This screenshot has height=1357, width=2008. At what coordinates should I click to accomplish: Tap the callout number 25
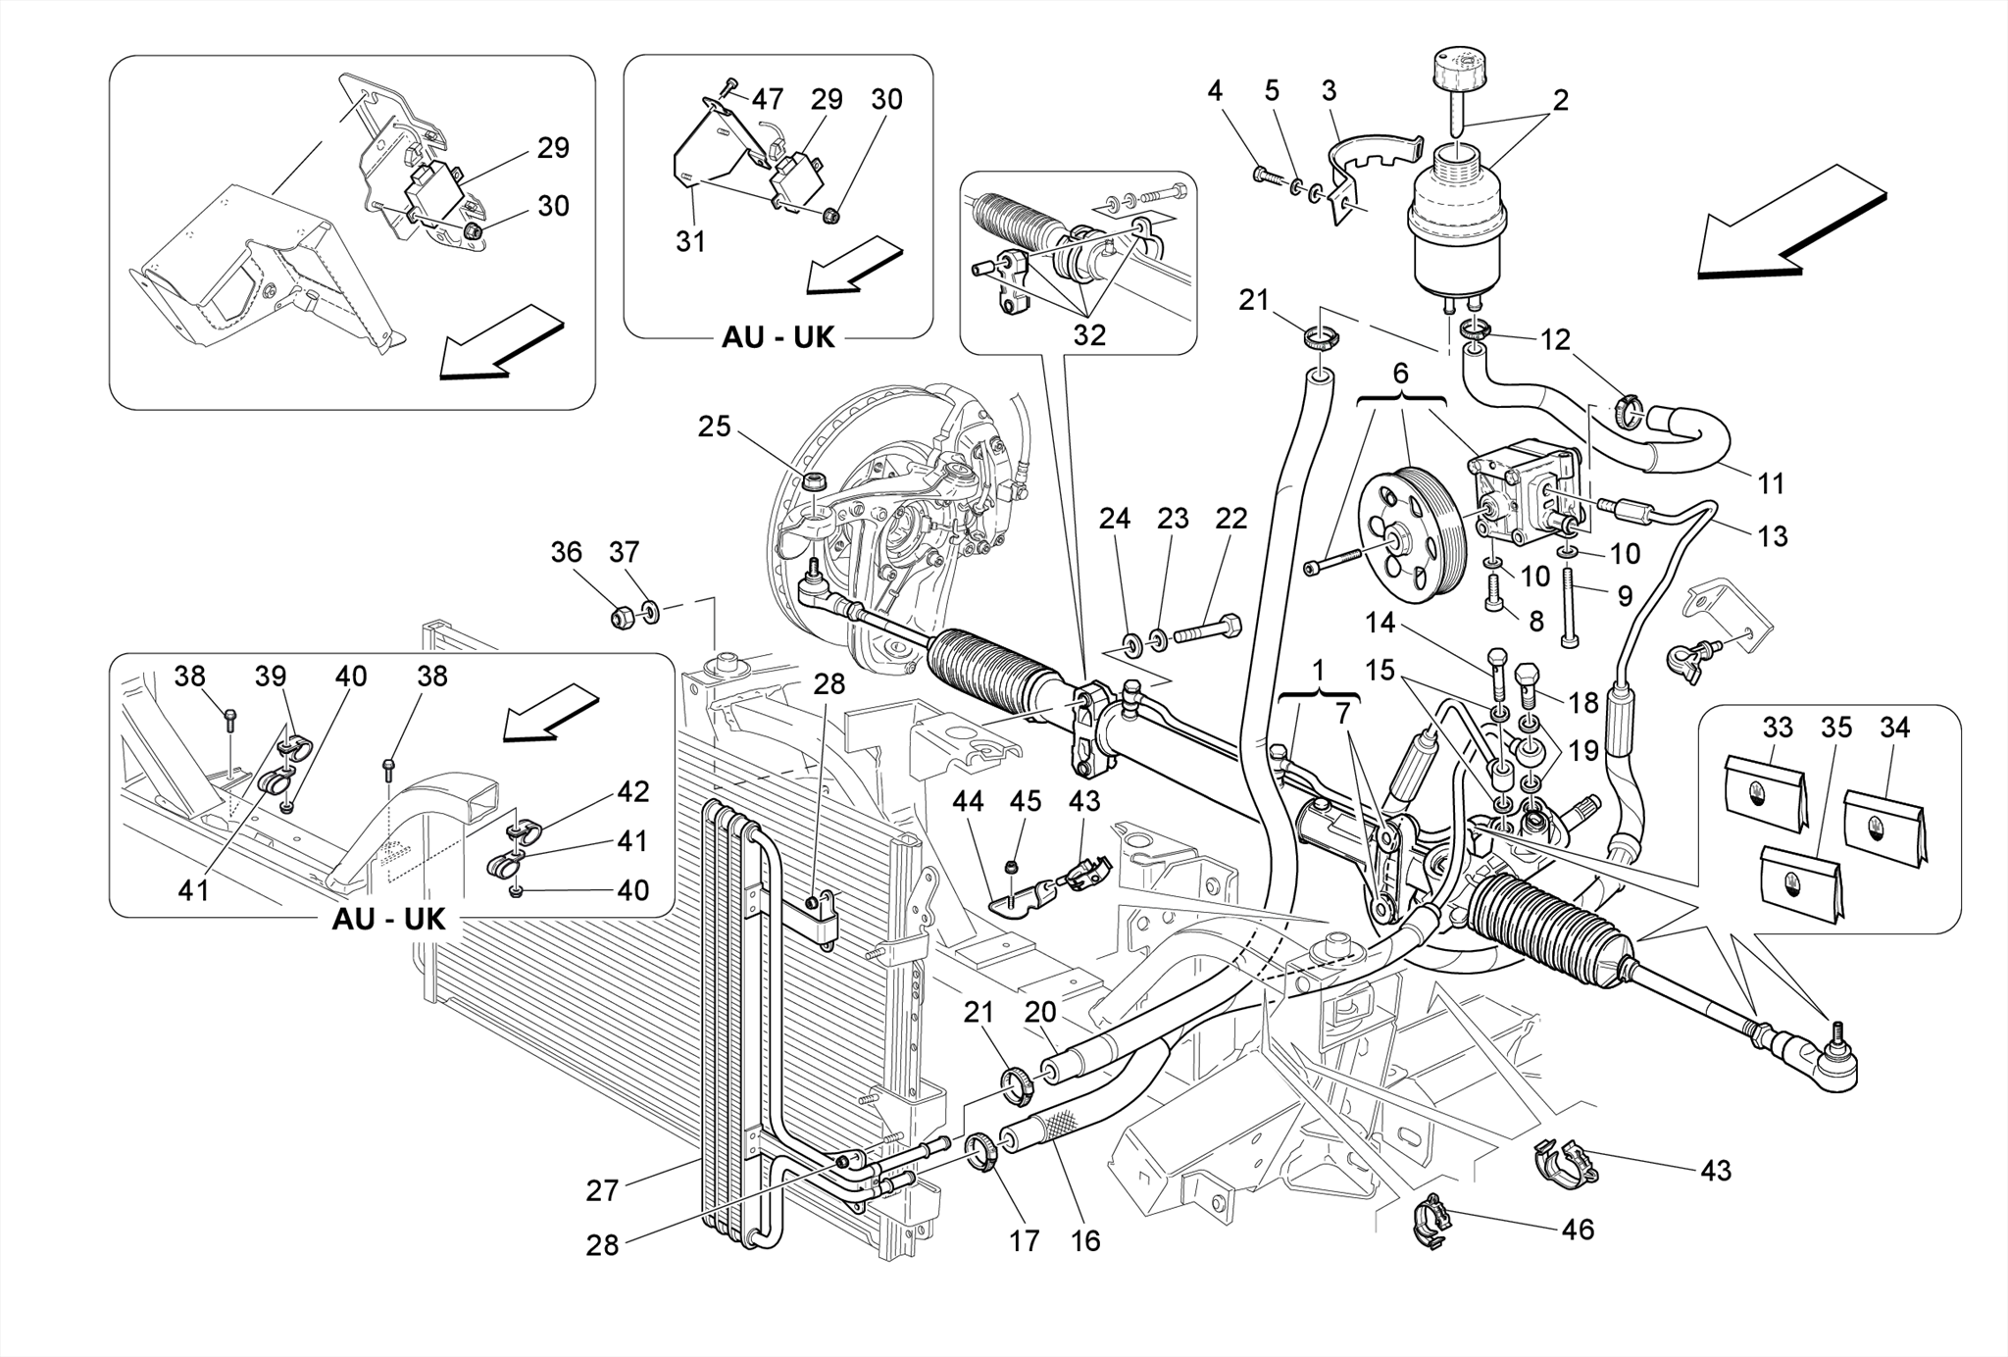[x=715, y=427]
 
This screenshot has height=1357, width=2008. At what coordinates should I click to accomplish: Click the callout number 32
[x=1089, y=335]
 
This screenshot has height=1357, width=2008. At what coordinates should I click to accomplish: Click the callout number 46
[x=1578, y=1229]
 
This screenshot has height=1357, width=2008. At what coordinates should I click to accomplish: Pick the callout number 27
[x=602, y=1190]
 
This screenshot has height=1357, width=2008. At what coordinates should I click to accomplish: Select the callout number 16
[x=1085, y=1240]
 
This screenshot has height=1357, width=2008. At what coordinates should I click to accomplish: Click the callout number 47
[x=768, y=99]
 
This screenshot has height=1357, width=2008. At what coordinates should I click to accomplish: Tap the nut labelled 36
[x=621, y=618]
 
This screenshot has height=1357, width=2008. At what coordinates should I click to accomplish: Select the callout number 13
[x=1773, y=536]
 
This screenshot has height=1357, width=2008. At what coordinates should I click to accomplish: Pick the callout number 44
[x=968, y=802]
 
